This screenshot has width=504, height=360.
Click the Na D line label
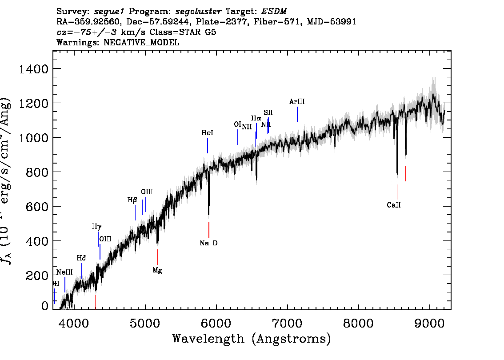coord(208,243)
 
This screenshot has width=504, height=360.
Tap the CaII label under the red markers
coord(394,205)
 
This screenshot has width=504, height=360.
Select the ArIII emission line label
coord(297,102)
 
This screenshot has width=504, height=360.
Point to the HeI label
coord(207,133)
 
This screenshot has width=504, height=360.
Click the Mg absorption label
coord(157,270)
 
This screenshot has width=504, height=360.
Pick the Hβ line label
coord(132,200)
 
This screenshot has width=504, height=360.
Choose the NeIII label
coord(64,272)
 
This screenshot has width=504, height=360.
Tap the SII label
coord(268,112)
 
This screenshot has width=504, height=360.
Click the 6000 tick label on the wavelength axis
coord(216,322)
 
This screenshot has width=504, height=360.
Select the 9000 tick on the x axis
coord(430,322)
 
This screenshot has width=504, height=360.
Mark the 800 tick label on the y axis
coord(36,172)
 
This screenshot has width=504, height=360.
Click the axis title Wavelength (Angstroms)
coord(252,339)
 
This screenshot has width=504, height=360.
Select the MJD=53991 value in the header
coord(330,21)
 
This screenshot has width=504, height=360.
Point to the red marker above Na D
coord(208,230)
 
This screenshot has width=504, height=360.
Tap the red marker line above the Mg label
coord(157,257)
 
